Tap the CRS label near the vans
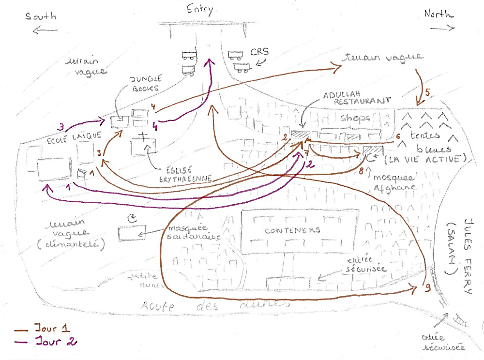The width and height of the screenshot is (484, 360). coord(260,51)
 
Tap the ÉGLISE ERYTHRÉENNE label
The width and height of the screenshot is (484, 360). coord(187,173)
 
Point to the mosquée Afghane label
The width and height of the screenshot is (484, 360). coord(394,182)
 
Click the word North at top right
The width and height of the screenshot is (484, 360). coord(439,15)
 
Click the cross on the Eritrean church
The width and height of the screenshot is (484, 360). coord(143,137)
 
